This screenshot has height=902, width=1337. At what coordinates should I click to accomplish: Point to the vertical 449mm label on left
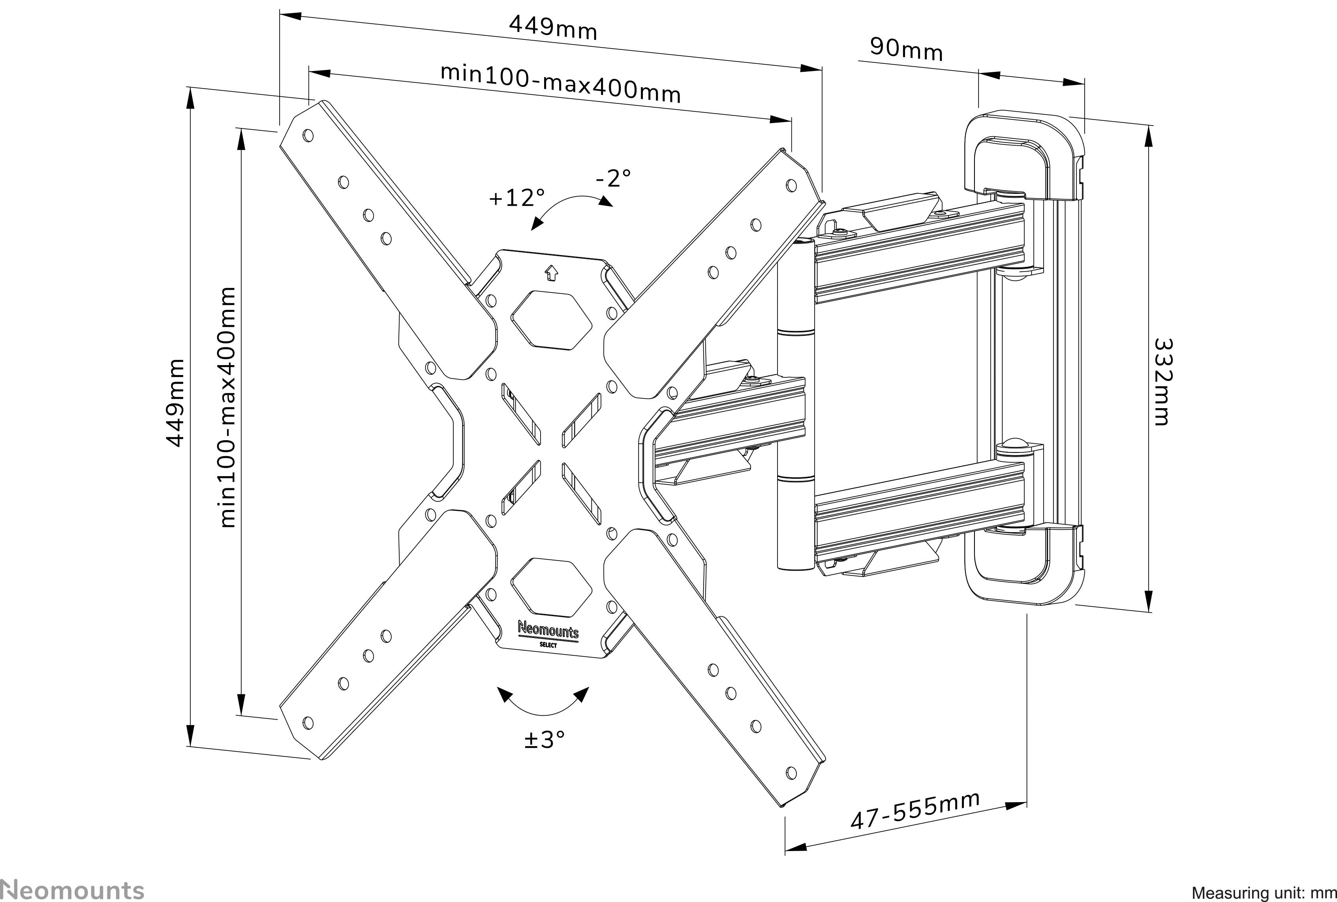174,403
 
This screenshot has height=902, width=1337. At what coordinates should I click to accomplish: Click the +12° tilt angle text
516,198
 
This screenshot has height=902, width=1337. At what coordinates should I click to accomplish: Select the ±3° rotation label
544,740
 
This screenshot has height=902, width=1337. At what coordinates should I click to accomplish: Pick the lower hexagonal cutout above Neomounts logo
551,586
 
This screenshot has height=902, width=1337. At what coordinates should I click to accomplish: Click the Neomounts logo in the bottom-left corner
71,889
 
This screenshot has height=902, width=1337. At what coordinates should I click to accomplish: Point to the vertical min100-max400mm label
228,407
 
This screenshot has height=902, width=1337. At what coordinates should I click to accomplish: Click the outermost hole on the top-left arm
308,136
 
